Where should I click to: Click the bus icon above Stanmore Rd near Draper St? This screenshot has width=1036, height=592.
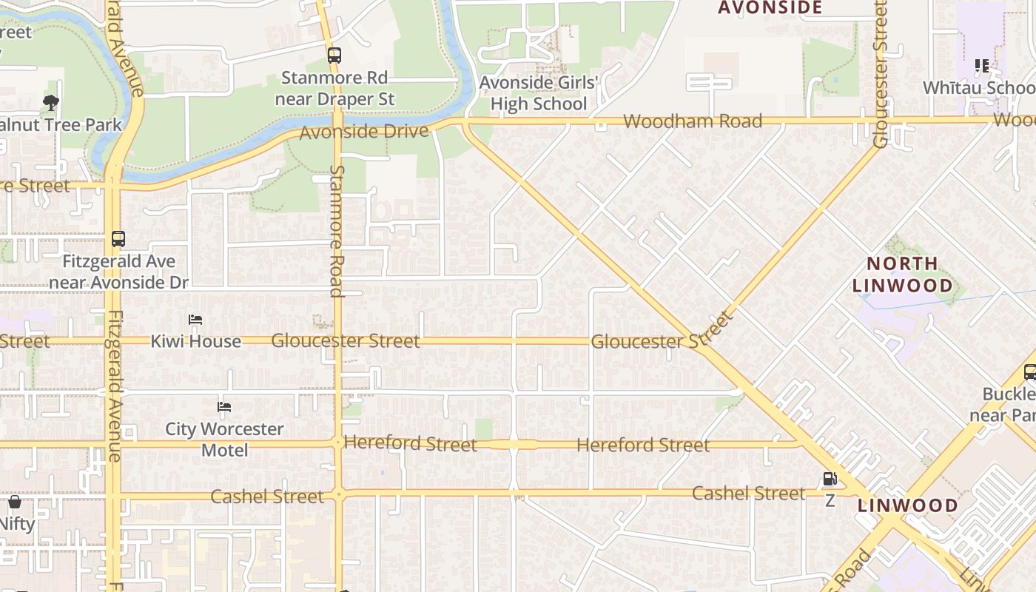pos(334,55)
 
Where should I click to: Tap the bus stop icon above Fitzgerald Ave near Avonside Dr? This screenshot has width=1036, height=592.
pos(118,239)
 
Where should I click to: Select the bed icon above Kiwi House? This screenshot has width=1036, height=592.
pos(195,320)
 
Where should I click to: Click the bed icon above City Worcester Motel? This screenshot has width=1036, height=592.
pos(224,407)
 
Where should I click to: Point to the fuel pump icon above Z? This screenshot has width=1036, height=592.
pos(830,479)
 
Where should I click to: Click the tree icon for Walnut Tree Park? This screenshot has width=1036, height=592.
pos(51,102)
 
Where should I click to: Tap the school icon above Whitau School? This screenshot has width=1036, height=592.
pos(982,66)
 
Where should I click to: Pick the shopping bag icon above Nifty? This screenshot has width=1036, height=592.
pos(15,502)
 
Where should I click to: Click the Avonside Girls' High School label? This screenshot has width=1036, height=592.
pos(538,92)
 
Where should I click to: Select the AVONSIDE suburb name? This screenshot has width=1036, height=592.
pos(770,8)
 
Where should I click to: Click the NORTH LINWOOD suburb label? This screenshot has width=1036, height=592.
pos(902,275)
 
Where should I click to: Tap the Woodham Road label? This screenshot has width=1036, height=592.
pos(693,121)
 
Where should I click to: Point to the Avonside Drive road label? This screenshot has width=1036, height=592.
pos(364,132)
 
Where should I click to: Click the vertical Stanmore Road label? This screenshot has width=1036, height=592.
pos(337,230)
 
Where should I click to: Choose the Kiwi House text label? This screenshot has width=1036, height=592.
pos(196,341)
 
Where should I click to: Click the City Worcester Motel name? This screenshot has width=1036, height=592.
pos(224,439)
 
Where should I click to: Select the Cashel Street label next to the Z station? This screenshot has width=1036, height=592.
pos(748,493)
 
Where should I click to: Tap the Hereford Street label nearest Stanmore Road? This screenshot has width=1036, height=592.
pos(410,444)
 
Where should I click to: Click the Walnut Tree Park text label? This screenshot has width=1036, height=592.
pos(59,124)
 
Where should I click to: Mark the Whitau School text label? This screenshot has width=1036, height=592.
pos(978,87)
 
